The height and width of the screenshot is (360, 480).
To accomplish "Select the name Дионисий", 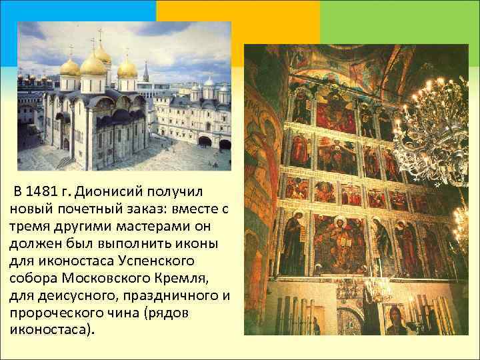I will click(x=107, y=193).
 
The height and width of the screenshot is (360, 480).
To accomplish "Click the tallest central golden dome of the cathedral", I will click(x=93, y=65).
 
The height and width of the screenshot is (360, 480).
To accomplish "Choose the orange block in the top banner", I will click(x=238, y=20).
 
